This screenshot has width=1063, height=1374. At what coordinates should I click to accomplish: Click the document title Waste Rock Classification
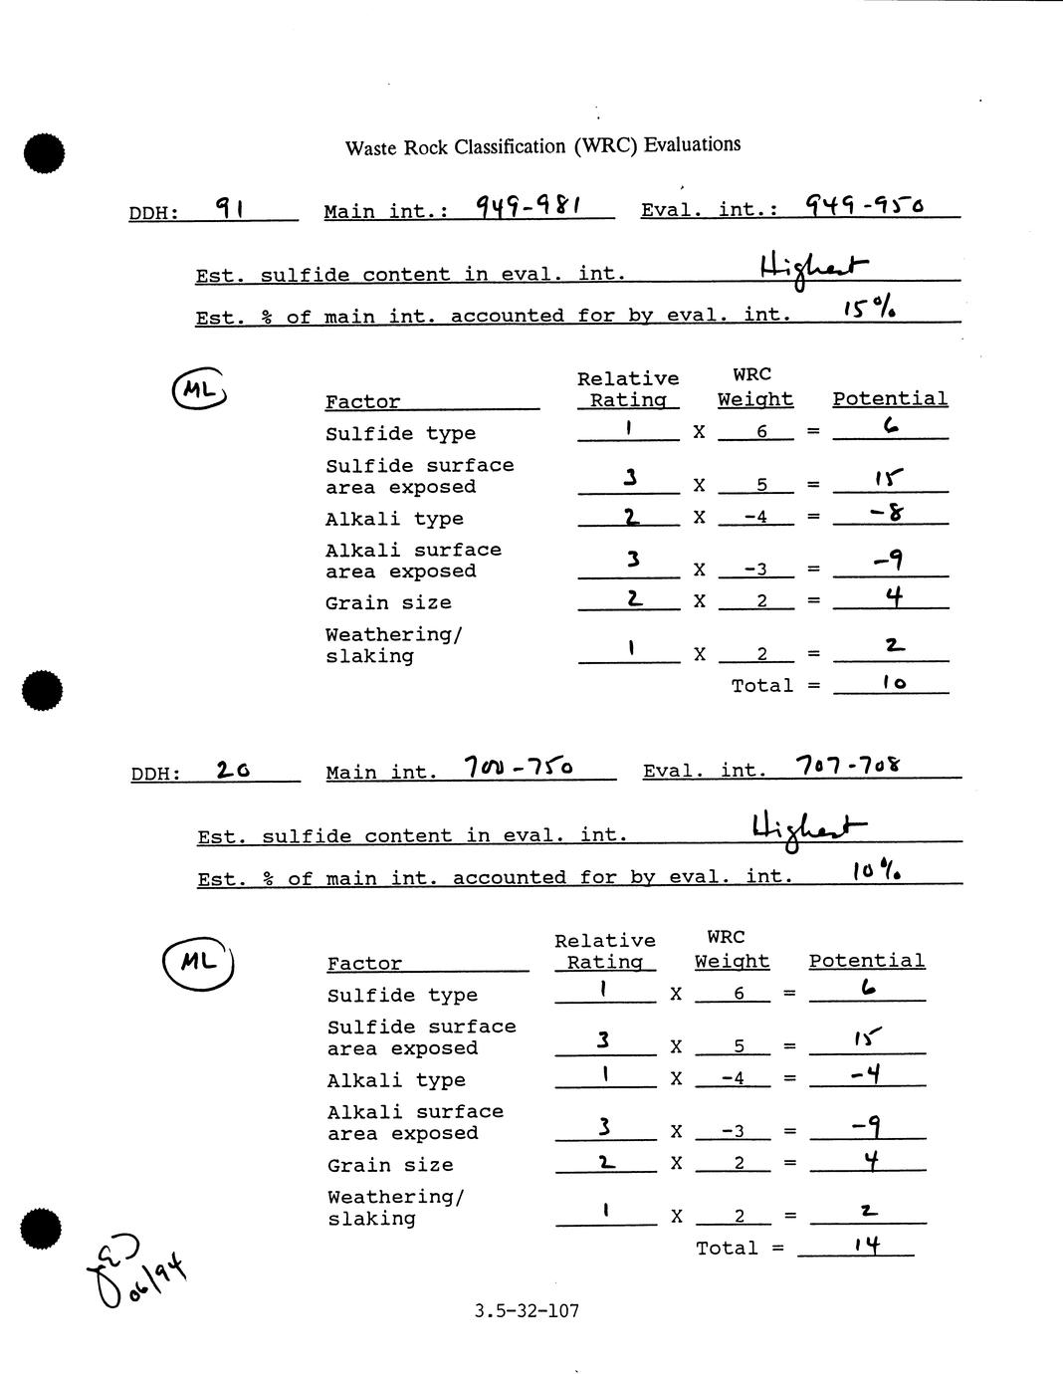pyautogui.click(x=542, y=146)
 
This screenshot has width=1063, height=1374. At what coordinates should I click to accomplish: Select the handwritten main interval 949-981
pyautogui.click(x=529, y=206)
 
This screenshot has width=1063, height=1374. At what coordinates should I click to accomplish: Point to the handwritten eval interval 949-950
pyautogui.click(x=864, y=205)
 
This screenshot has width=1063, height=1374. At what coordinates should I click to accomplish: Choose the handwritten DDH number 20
pyautogui.click(x=234, y=770)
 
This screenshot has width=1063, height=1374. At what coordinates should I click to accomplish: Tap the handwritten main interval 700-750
pyautogui.click(x=519, y=767)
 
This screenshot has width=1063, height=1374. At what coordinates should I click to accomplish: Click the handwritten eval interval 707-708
pyautogui.click(x=849, y=765)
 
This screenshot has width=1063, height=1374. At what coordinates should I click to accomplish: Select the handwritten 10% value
pyautogui.click(x=876, y=872)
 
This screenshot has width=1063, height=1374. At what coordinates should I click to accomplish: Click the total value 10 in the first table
pyautogui.click(x=894, y=684)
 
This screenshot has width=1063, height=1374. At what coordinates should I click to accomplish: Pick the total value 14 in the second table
pyautogui.click(x=867, y=1245)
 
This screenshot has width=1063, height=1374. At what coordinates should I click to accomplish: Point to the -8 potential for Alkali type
pyautogui.click(x=886, y=514)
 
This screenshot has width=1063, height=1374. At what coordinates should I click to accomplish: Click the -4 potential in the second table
pyautogui.click(x=861, y=1075)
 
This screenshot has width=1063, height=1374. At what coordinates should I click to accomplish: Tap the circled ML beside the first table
pyautogui.click(x=199, y=390)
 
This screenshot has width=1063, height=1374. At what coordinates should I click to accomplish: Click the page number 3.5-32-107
pyautogui.click(x=528, y=1310)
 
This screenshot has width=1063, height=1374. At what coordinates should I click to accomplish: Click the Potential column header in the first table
pyautogui.click(x=890, y=399)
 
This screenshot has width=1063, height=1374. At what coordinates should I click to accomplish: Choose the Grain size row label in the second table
pyautogui.click(x=390, y=1165)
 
